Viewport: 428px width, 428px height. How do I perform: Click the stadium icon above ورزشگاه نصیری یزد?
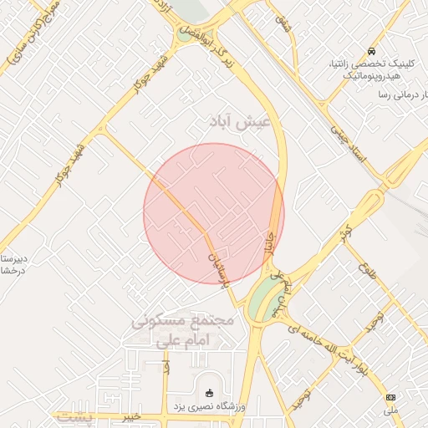pyautogui.click(x=209, y=394)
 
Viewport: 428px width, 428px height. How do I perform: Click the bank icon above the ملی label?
pyautogui.click(x=391, y=396)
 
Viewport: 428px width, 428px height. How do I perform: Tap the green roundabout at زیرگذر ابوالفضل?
pyautogui.click(x=183, y=35)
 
